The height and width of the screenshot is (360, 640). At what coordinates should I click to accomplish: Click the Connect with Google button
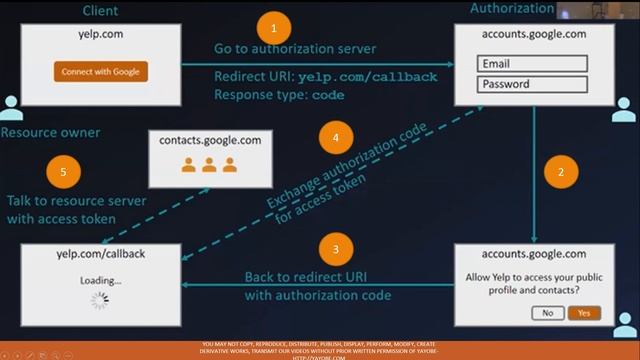tap(100, 71)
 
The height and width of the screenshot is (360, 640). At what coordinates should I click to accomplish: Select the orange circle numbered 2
tap(561, 171)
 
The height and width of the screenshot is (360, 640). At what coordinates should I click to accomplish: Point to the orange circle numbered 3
tap(335, 250)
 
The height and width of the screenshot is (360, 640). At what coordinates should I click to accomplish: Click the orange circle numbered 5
tap(64, 172)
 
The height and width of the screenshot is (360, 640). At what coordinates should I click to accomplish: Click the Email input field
tap(531, 64)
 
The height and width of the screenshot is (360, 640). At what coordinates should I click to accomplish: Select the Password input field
tap(531, 85)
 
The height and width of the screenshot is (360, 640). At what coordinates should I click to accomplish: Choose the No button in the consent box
tap(547, 313)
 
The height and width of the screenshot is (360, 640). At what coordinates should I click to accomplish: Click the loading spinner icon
tap(99, 300)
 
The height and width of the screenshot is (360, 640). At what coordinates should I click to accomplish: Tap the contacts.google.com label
tap(210, 141)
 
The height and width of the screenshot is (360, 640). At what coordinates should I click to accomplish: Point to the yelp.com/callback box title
tap(100, 254)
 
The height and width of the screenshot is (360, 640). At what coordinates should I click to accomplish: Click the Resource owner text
tap(50, 132)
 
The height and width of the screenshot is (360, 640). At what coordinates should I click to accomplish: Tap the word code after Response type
tap(328, 96)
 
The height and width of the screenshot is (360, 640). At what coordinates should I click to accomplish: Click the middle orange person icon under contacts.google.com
tap(210, 165)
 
